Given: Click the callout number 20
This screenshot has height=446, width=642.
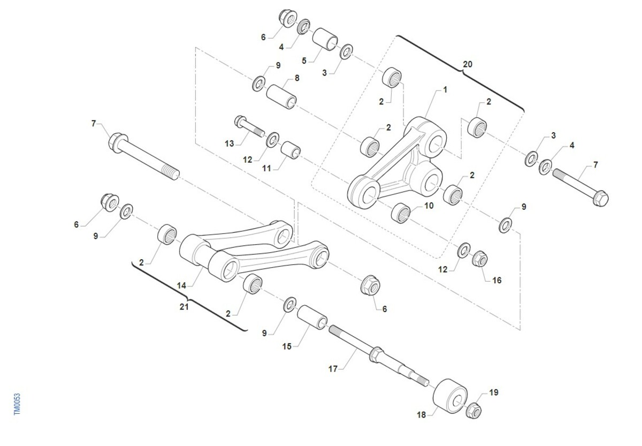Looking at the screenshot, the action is tap(468, 64).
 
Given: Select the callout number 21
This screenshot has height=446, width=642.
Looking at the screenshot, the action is tap(184, 307).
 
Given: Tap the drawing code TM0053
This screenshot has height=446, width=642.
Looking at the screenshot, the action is tap(17, 404).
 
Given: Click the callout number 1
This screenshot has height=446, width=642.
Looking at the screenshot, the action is tap(445, 90).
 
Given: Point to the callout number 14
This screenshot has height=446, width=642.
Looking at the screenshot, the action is tap(181, 286).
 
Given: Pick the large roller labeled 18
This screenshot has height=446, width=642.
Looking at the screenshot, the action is tap(450, 396).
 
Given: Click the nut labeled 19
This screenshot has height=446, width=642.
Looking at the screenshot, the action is tap(473, 411).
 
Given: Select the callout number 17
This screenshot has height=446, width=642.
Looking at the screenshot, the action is tap(333, 369).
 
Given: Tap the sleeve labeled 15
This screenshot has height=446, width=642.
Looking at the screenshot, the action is tap(312, 317).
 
